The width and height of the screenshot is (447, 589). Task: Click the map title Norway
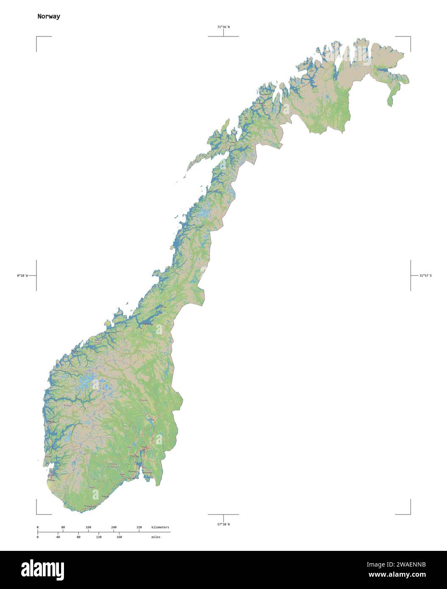click(48, 17)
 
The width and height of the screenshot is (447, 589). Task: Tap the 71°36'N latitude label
click(223, 27)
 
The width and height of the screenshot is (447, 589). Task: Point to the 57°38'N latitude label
click(223, 524)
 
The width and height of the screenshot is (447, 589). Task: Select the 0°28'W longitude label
click(22, 275)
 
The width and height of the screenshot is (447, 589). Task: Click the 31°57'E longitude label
click(425, 275)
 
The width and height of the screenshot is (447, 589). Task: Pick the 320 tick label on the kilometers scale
click(139, 527)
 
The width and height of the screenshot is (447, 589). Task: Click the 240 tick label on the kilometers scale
click(114, 527)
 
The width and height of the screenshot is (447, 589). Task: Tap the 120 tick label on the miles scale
click(99, 537)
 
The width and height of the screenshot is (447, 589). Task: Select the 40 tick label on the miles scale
click(58, 537)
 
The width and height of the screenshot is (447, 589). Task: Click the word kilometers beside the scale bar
click(160, 527)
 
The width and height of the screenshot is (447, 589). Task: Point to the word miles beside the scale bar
click(156, 537)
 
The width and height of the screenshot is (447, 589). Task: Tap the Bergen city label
click(51, 422)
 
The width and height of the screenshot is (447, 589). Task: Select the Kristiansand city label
click(91, 506)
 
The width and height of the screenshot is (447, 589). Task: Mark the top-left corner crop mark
click(37, 37)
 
